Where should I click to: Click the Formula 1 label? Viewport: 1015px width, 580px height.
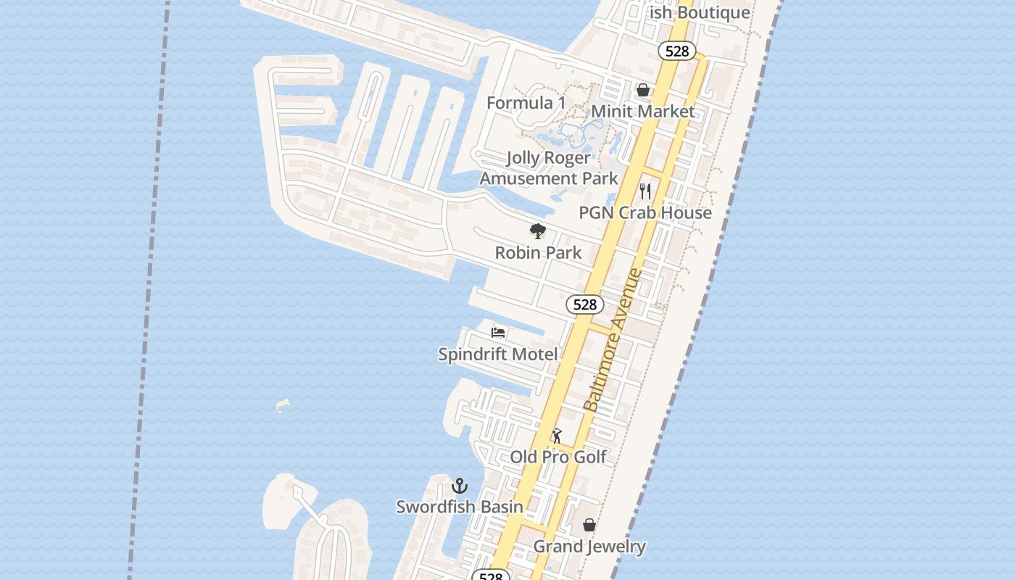tap(526, 103)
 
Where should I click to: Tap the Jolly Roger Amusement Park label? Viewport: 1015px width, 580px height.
tap(549, 168)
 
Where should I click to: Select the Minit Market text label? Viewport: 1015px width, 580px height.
tap(643, 112)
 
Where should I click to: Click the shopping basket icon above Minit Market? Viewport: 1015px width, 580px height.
tap(642, 91)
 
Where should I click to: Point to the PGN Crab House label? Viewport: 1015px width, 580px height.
tap(645, 212)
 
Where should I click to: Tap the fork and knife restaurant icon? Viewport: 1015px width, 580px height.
tap(645, 191)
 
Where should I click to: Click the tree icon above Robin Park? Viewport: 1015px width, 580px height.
tap(537, 231)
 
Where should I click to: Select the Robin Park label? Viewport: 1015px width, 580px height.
tap(538, 252)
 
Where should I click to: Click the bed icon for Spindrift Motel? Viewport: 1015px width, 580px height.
tap(498, 333)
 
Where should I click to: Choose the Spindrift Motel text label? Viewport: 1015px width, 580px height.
tap(498, 354)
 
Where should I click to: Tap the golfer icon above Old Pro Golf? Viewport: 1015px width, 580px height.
tap(557, 436)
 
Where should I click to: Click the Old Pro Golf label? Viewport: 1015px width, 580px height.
tap(558, 457)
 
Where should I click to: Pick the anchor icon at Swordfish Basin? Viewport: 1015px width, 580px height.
tap(459, 486)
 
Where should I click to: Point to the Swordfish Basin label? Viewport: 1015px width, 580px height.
tap(459, 507)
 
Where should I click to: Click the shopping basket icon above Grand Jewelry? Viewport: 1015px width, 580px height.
tap(589, 525)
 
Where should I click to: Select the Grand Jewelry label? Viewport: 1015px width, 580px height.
tap(589, 546)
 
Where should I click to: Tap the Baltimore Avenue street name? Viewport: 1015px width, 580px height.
tap(613, 341)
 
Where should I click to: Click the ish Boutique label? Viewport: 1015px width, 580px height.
tap(700, 12)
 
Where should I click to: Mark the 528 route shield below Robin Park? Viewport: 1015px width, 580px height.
tap(584, 304)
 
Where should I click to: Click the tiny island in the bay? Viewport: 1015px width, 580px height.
tap(283, 405)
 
